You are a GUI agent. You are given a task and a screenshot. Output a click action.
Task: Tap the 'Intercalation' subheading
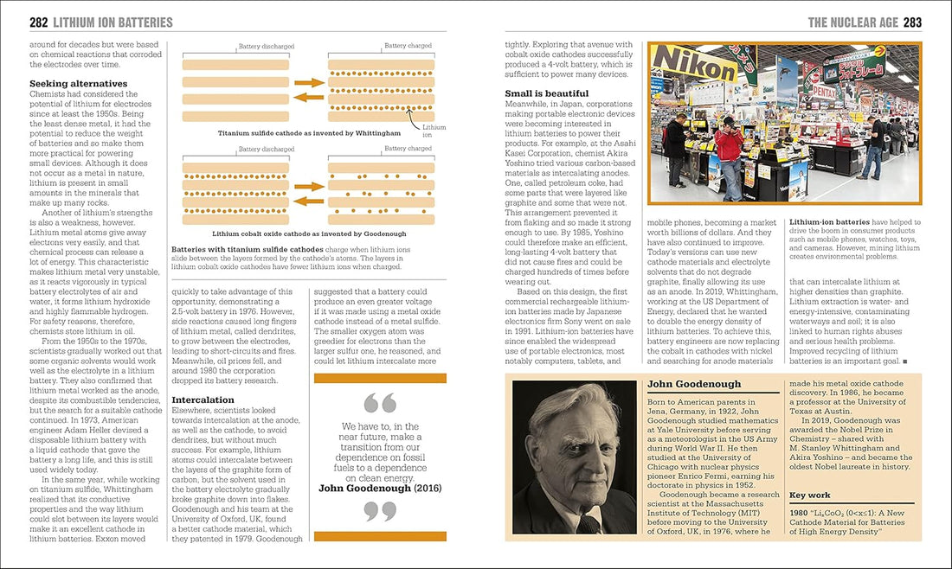203,400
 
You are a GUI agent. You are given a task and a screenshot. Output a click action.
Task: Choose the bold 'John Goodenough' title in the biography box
694,384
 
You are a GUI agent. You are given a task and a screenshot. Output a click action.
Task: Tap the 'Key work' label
811,495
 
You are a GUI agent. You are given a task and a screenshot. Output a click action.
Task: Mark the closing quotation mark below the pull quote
380,512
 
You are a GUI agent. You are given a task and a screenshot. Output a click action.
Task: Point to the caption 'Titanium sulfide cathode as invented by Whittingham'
309,133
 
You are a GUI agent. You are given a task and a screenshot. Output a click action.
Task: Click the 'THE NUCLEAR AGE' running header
852,22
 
